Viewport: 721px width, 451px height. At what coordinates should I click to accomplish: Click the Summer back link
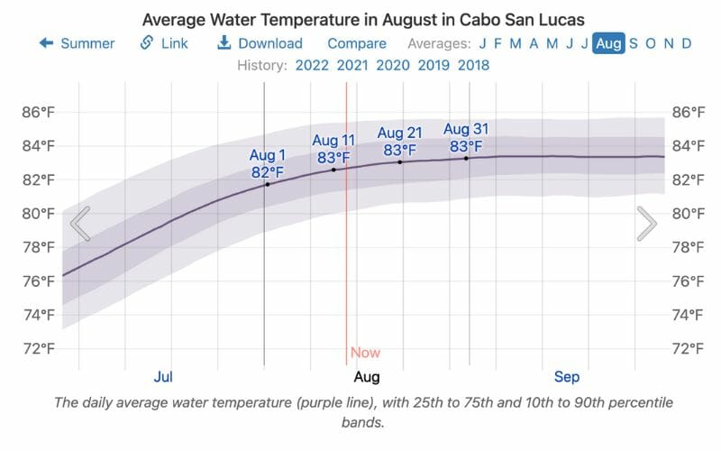(77, 43)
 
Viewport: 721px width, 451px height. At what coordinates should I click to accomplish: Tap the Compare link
(357, 43)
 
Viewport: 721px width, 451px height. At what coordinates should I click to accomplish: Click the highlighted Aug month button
(608, 43)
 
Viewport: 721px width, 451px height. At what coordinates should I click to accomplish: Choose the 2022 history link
(310, 65)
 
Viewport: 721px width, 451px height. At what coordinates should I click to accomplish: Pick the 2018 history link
(474, 65)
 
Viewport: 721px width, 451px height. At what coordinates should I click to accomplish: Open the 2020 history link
(393, 65)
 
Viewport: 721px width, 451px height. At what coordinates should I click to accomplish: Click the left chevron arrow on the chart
(80, 224)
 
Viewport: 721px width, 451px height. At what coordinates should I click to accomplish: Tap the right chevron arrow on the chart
(646, 224)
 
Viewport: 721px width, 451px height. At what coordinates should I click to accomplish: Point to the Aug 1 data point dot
(267, 184)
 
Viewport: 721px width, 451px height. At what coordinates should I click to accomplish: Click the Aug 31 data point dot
(466, 158)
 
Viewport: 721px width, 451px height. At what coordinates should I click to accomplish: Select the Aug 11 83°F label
(334, 149)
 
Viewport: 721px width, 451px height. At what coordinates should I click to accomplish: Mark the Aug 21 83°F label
(400, 142)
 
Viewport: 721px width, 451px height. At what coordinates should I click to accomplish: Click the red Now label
(365, 353)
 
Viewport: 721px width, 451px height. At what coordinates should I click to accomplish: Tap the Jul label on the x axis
(163, 376)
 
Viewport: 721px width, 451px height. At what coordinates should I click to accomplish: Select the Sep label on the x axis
(567, 376)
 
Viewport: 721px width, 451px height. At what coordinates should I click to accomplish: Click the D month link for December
(687, 43)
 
